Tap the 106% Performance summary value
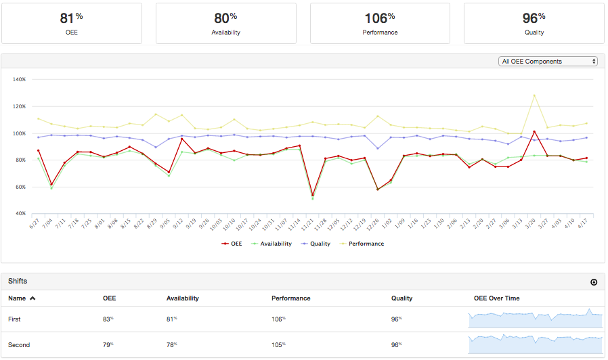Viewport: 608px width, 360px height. [x=379, y=18]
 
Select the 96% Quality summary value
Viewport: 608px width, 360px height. [x=534, y=18]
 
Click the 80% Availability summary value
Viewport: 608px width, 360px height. [x=225, y=18]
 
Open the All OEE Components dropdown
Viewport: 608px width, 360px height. [x=548, y=62]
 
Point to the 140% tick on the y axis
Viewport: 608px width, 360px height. [x=19, y=79]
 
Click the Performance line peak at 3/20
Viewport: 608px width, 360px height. [x=534, y=95]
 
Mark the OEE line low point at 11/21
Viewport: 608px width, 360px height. [x=312, y=195]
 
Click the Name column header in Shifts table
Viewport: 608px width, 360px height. [x=22, y=298]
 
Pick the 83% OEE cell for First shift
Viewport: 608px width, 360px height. [x=108, y=319]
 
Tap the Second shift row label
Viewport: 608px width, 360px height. [x=19, y=345]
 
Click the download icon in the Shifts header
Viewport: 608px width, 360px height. [x=594, y=282]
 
